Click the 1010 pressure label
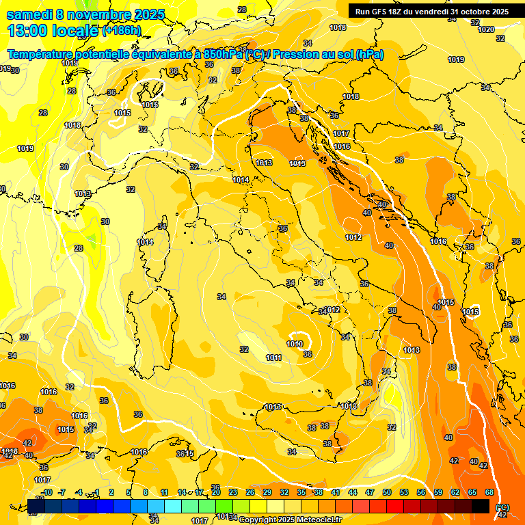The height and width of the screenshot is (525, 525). [295, 344]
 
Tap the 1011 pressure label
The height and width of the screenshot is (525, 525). [273, 358]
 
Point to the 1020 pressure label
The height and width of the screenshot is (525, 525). [486, 29]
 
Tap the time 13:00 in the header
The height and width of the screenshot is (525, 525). [27, 30]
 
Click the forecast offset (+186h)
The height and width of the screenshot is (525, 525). [122, 31]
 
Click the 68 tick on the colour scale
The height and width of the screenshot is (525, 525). [489, 492]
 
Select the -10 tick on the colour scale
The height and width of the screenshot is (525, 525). [46, 492]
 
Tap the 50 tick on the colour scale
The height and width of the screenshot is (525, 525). [387, 492]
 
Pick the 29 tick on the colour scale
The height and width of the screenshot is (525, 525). [267, 492]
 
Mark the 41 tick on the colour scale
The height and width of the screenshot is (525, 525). [336, 492]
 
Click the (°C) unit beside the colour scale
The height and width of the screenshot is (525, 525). [502, 507]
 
